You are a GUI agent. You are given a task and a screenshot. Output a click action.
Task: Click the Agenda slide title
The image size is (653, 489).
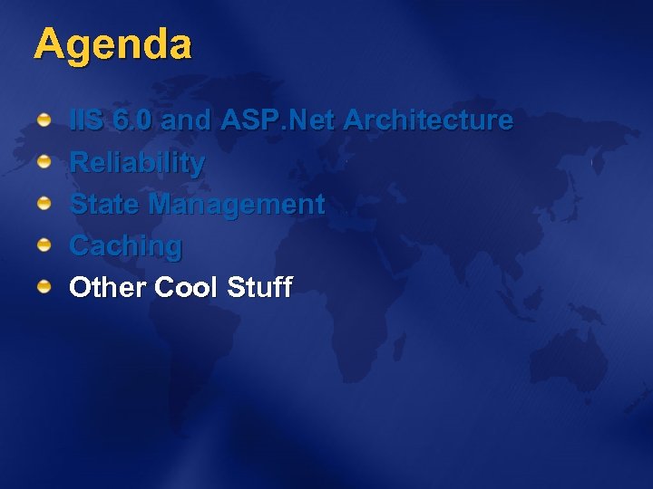click(x=112, y=45)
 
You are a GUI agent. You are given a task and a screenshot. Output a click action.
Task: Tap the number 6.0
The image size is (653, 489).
click(x=136, y=120)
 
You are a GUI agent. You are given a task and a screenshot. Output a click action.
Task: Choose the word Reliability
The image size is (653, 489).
click(x=137, y=164)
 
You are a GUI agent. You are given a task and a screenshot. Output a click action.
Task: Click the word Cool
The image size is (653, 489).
click(x=187, y=288)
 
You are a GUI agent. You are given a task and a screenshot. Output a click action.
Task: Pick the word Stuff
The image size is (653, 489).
click(x=259, y=288)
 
